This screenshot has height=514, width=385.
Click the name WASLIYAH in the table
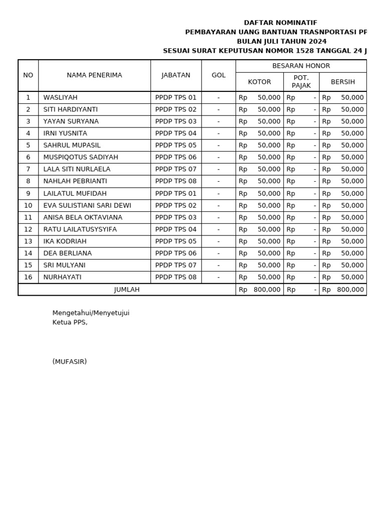coord(60,97)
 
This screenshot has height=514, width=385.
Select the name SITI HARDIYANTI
coord(70,109)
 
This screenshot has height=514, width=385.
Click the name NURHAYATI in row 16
coord(62,277)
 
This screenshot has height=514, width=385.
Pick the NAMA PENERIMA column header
coord(94,75)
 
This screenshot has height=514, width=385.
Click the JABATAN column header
coord(175,75)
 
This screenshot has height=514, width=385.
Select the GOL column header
coord(218,75)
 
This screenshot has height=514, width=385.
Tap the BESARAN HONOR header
coord(301,66)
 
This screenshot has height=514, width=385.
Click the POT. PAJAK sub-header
coord(301,82)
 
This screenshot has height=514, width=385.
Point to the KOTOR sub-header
coord(259,82)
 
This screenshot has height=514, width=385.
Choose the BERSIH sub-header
coord(342,82)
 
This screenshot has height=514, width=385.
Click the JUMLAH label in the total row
coord(127,290)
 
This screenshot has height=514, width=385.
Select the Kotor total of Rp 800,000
coord(260,290)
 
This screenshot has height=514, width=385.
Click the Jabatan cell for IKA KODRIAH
coord(175,241)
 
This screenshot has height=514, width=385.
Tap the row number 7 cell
coord(28,169)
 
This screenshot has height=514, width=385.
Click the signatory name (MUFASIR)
coord(69,361)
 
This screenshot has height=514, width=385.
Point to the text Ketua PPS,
coord(70,322)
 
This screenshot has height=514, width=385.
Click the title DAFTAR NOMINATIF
coord(280,23)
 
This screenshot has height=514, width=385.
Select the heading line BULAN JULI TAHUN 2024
coord(281,42)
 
